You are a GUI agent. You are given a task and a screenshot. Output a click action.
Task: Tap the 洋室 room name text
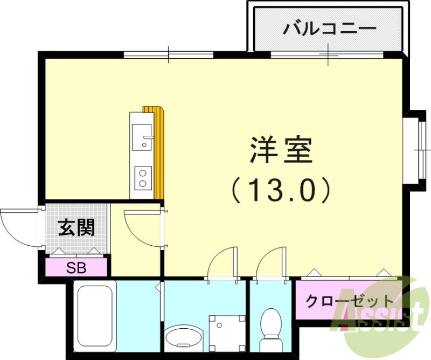(x=281, y=150)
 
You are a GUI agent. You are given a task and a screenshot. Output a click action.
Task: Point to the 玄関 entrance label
(x=77, y=229)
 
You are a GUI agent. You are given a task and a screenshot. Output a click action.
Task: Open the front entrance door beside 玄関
(x=19, y=226)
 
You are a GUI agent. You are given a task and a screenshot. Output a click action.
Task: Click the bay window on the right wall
(x=418, y=146)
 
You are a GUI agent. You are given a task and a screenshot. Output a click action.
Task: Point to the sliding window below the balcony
(x=328, y=54)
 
